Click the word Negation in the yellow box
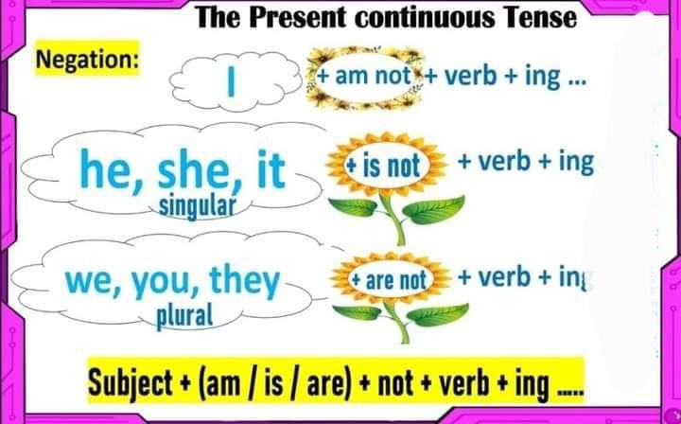click(x=87, y=59)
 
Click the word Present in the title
click(x=299, y=17)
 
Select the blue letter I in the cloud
click(x=232, y=80)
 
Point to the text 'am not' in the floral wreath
click(x=373, y=77)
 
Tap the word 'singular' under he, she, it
click(x=197, y=206)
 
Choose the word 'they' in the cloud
click(x=245, y=281)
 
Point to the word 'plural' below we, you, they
click(x=184, y=316)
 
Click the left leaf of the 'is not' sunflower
click(x=353, y=206)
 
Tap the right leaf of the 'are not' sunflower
click(x=437, y=315)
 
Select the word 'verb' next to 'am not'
click(x=470, y=77)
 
